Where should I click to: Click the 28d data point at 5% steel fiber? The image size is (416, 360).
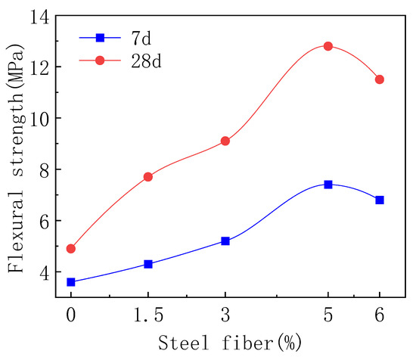coord(328,46)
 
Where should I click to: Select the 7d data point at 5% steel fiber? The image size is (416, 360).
coord(328,185)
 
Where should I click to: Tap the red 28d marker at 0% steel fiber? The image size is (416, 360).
coord(71,249)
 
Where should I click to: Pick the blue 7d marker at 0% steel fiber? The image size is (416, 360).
coord(71,282)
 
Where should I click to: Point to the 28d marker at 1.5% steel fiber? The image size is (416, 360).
coord(148,177)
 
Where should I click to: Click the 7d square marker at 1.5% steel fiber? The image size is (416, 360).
coord(148,264)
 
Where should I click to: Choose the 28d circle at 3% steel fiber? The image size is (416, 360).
coord(225,141)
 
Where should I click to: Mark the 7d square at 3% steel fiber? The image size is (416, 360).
coord(225,241)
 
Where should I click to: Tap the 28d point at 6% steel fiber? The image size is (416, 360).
coord(380,79)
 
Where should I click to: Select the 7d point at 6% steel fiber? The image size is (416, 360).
coord(380,200)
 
